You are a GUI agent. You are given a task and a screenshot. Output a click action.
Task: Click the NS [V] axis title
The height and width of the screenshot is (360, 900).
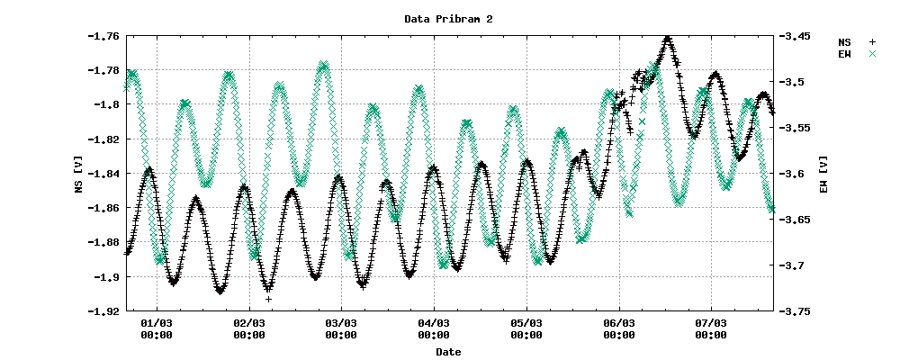coord(79,174)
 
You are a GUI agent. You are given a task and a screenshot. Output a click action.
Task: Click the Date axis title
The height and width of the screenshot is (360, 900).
coord(448,352)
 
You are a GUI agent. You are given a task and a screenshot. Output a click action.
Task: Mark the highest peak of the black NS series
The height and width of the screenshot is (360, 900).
coord(667,39)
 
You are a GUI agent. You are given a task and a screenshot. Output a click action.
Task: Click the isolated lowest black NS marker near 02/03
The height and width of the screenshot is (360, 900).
coord(268,298)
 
